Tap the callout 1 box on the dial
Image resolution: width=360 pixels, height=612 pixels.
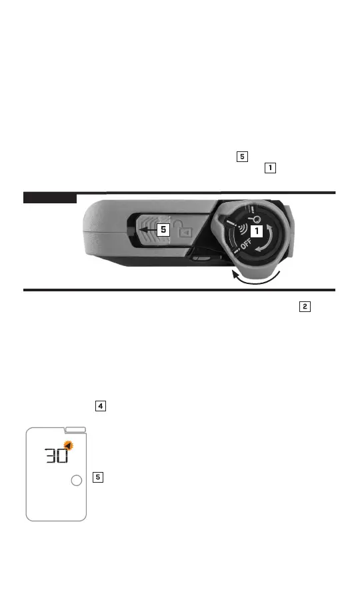(257, 231)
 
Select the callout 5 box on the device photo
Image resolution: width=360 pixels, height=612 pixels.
(163, 230)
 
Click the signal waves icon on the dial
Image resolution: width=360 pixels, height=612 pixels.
(245, 229)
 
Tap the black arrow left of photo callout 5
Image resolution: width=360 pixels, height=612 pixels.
(147, 230)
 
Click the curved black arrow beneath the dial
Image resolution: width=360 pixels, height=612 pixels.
(256, 277)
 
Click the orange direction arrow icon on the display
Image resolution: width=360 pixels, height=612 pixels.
(69, 445)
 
